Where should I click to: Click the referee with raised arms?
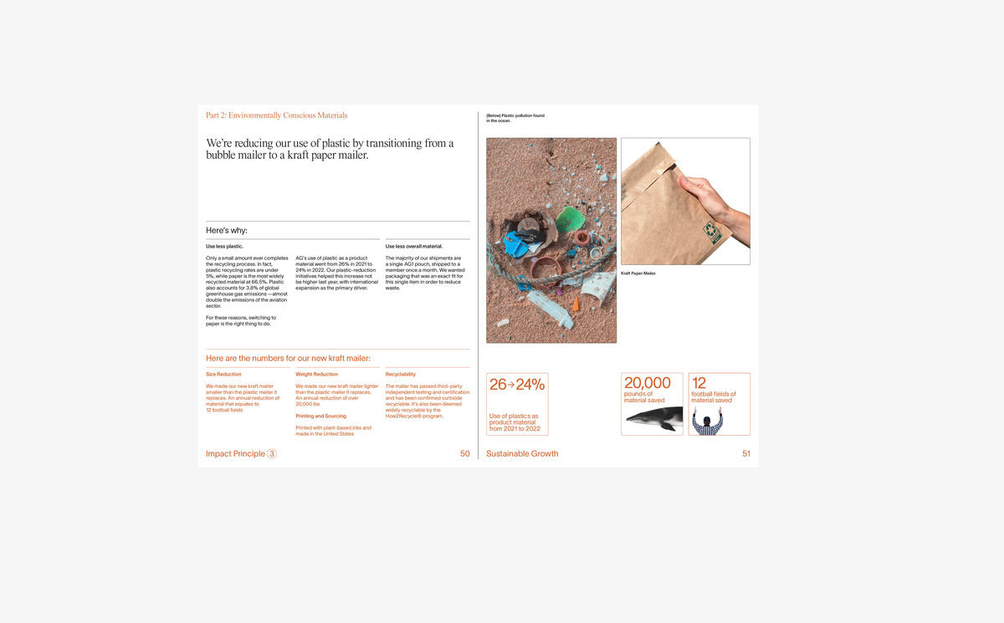[707, 422]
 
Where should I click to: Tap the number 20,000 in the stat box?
[648, 383]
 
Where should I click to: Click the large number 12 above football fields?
[699, 383]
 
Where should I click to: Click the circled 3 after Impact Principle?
[272, 454]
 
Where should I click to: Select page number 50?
[464, 454]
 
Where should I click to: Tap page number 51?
[745, 454]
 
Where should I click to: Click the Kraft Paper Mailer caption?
[638, 273]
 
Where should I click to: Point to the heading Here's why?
[227, 231]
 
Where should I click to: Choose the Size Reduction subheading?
[223, 375]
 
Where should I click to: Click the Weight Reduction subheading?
[316, 375]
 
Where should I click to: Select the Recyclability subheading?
[400, 375]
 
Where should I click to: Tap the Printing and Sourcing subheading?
[320, 416]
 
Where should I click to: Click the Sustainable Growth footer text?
[522, 454]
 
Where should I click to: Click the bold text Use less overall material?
[413, 247]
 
